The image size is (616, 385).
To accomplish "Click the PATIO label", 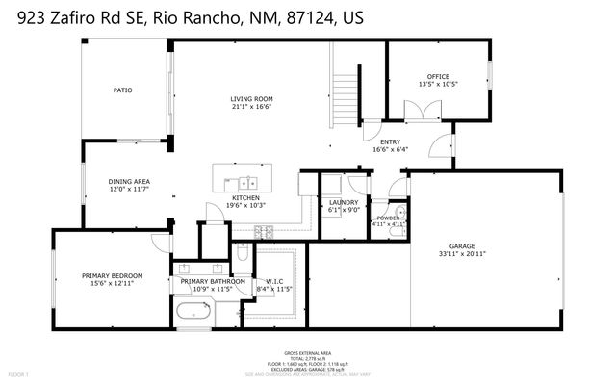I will (x=122, y=90).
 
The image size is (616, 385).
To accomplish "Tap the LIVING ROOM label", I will (x=251, y=99).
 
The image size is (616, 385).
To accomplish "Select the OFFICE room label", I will (x=438, y=77).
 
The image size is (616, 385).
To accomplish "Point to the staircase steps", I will (x=346, y=96).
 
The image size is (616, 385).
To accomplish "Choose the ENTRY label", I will (x=390, y=142).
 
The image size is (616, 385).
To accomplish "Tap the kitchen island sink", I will (x=248, y=180).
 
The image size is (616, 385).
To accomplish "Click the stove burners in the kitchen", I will (x=264, y=229).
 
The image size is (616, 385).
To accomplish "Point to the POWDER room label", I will (x=388, y=218).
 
